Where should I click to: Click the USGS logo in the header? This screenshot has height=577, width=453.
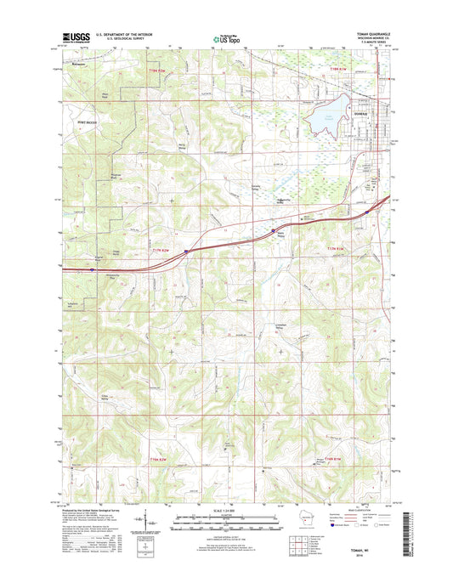click(71, 37)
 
